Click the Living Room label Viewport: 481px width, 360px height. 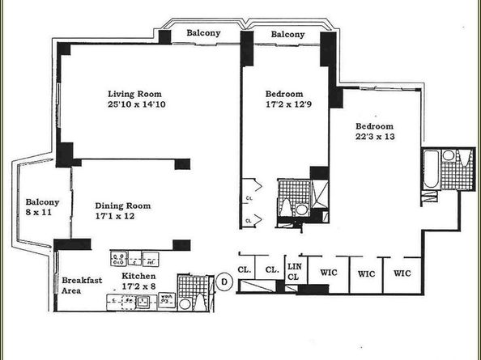coord(135,92)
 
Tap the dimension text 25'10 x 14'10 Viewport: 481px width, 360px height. coord(135,104)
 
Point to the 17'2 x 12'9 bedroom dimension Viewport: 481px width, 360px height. coord(283,105)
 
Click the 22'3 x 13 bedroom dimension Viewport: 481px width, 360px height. coord(373,138)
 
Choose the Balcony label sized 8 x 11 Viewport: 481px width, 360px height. coord(39,208)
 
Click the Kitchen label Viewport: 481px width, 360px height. coord(138,276)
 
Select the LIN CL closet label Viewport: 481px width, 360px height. coord(296,272)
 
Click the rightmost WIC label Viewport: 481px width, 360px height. coord(402,273)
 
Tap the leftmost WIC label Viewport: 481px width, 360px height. coord(329,273)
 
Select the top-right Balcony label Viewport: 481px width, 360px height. coord(287,34)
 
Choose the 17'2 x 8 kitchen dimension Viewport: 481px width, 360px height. coord(139,286)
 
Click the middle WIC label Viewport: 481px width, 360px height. coord(365,273)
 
